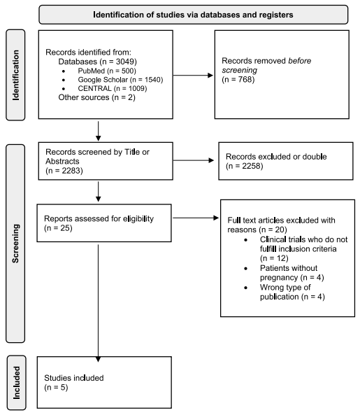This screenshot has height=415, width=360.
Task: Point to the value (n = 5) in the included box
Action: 59,386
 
